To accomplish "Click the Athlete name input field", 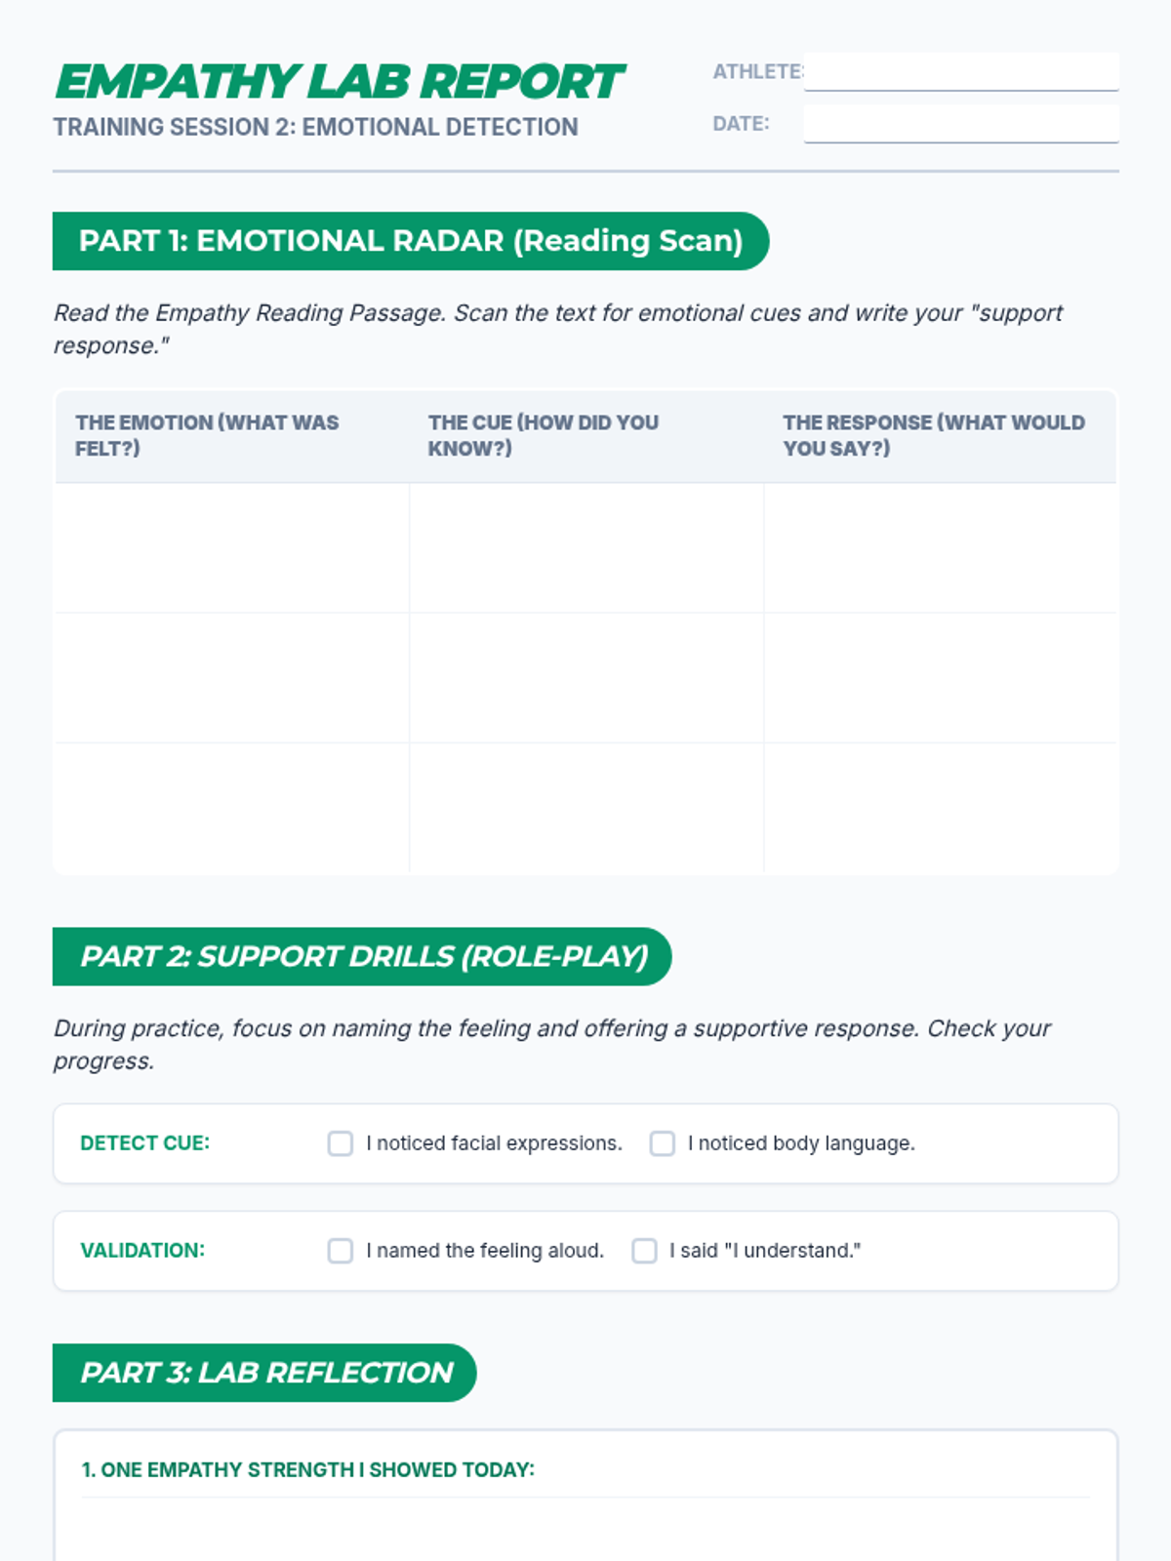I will click(x=961, y=72).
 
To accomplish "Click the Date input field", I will click(x=961, y=124).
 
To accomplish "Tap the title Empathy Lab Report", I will click(x=339, y=82).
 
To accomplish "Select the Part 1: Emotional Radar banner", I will click(x=410, y=241).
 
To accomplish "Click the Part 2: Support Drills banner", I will click(x=362, y=956).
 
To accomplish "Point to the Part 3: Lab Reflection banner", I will click(x=264, y=1373).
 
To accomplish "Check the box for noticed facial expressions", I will click(x=341, y=1143).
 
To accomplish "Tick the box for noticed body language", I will click(x=663, y=1143).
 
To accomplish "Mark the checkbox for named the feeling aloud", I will click(x=341, y=1251).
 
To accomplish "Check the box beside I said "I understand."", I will click(x=644, y=1251).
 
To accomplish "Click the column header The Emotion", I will click(x=207, y=435).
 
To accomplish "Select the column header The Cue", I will click(x=543, y=435).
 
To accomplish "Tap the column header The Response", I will click(x=933, y=435).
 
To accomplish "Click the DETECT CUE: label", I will click(x=144, y=1143).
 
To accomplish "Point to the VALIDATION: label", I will click(x=142, y=1251).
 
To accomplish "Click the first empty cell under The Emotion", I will click(x=232, y=548).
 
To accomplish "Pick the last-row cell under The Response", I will click(x=941, y=808).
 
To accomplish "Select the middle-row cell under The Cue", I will click(x=586, y=678).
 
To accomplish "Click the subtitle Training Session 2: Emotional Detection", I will click(x=315, y=128).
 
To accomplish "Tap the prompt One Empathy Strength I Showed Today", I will click(x=307, y=1470).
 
